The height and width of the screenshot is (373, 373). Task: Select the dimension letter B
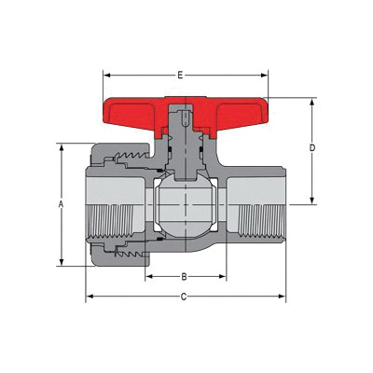pos(185,276)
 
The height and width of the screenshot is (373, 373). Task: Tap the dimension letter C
pos(185,297)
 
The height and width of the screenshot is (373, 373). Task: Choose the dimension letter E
pos(179,72)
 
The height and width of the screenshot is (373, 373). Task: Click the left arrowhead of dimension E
pos(105,72)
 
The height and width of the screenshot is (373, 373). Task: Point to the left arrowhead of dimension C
pos(89,297)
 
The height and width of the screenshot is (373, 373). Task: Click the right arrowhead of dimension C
pos(284,297)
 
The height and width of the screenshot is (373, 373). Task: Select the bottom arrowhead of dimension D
pos(312,201)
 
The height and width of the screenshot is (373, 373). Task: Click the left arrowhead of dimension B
pos(147,276)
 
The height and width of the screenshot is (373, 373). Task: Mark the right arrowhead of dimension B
pos(224,276)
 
